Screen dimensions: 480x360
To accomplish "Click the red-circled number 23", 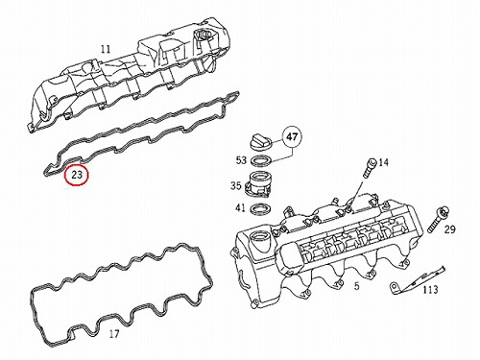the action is click(76, 175).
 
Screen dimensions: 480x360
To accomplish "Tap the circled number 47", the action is click(292, 137).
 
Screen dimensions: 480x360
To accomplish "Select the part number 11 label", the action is click(106, 50).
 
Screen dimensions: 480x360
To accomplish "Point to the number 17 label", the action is click(114, 334).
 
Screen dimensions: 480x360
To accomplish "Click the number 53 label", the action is click(241, 159).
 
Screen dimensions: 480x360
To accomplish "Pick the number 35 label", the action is click(236, 185).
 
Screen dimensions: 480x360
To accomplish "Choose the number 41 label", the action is click(240, 207).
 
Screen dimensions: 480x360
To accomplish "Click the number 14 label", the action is click(383, 162).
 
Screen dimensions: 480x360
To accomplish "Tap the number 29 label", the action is click(449, 229).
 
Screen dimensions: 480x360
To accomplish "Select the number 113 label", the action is click(430, 290).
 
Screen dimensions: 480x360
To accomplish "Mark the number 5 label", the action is click(357, 286).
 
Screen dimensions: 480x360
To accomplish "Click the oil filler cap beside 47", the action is click(260, 142).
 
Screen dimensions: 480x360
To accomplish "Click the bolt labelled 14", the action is click(369, 167).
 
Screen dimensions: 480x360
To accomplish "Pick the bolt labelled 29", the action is click(438, 220).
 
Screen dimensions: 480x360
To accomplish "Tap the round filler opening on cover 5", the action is click(261, 239).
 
